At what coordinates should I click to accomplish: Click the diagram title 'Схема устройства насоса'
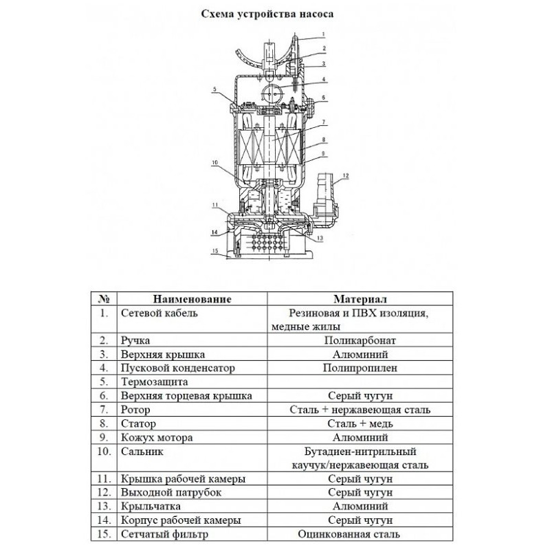267,14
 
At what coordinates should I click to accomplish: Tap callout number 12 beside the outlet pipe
346,176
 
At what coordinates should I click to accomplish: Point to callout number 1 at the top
323,35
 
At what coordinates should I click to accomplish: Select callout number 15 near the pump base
215,250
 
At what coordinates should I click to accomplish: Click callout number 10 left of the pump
215,162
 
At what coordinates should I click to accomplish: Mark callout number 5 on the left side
214,90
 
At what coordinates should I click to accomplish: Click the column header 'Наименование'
192,299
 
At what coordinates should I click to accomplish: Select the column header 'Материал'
360,299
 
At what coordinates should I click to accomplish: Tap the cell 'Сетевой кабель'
159,313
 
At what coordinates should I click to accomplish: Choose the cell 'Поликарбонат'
360,340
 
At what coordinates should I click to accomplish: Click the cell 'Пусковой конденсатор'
178,368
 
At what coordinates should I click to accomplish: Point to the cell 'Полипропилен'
360,368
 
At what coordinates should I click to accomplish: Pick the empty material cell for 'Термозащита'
360,382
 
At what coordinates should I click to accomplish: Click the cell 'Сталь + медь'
360,423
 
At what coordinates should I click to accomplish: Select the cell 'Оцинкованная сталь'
349,534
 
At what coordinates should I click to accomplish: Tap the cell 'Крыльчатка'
151,507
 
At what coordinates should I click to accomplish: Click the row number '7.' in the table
104,410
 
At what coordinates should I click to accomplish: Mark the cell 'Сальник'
142,452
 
